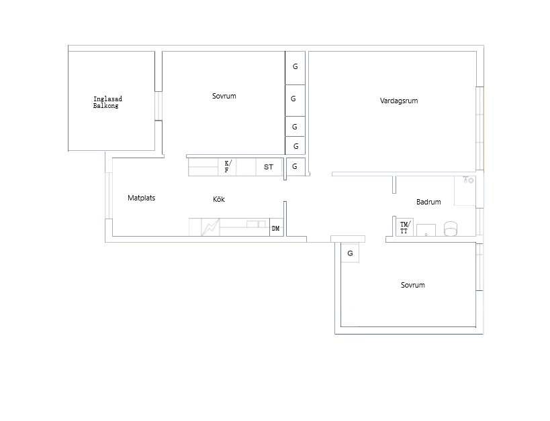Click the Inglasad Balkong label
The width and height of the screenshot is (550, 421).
107,103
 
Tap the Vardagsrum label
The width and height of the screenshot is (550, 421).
399,101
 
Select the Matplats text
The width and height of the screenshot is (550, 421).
141,198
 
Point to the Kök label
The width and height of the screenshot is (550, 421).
219,199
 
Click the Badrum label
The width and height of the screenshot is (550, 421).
428,202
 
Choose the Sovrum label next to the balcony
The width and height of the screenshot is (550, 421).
224,96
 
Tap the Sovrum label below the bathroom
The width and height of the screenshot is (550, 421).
413,285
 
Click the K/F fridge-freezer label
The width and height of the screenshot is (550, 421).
228,166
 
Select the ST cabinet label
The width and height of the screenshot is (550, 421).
269,167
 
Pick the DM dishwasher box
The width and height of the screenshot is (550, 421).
277,227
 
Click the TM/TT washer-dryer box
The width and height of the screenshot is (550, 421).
405,227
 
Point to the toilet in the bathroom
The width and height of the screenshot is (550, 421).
451,229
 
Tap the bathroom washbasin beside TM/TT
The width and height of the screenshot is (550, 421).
426,230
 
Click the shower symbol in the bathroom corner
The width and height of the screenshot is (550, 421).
468,180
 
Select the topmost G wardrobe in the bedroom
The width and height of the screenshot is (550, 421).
295,68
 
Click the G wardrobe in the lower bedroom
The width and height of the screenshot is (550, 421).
350,253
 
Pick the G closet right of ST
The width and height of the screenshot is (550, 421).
295,167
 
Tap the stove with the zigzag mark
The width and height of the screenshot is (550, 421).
210,227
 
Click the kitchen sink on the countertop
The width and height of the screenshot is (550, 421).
256,224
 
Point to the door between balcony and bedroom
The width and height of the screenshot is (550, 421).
158,106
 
